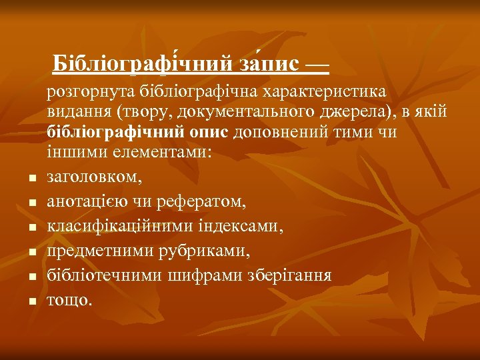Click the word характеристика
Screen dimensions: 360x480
point(328,92)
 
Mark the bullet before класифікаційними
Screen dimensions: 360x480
point(31,228)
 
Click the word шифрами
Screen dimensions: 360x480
point(207,276)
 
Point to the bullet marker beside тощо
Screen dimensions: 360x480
point(31,302)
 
